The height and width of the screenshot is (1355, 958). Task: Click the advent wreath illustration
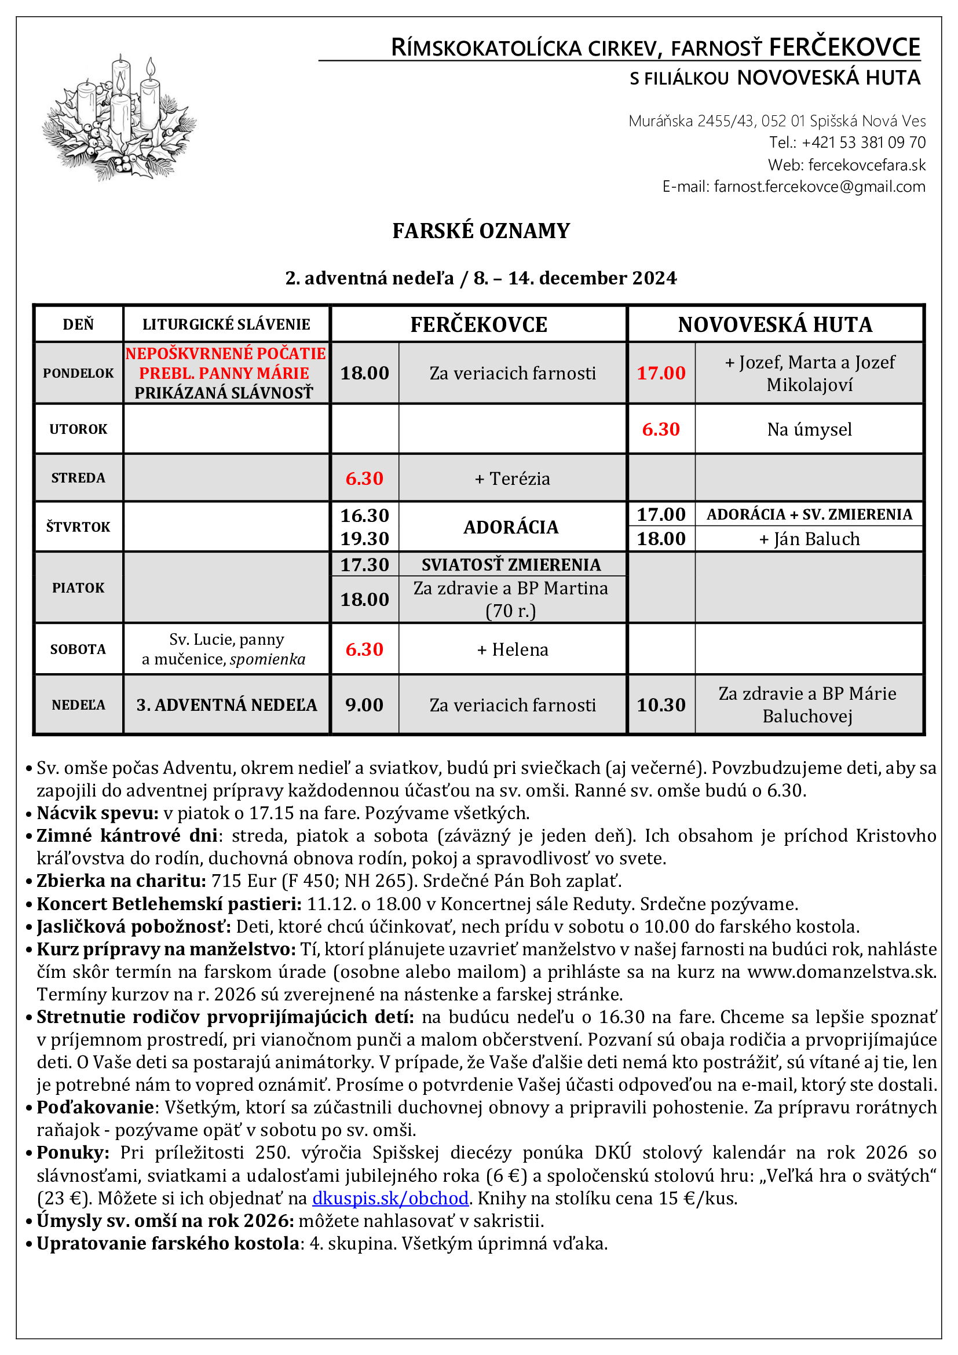coord(119,118)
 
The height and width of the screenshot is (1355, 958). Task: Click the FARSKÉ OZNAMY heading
coord(481,231)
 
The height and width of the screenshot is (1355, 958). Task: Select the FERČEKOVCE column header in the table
coord(478,324)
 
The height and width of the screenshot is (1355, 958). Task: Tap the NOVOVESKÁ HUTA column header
coord(774,324)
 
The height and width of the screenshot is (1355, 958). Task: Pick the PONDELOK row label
coord(78,373)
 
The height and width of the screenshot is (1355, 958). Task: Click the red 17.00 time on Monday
coord(661,373)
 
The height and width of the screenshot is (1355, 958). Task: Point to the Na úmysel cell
coord(809,429)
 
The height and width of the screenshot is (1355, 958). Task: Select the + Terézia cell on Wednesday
coord(512,478)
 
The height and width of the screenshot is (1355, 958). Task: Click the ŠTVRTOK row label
coord(78,527)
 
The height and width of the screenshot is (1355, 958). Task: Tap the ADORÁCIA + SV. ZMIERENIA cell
coord(809,514)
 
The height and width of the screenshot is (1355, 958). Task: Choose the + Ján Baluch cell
coord(809,539)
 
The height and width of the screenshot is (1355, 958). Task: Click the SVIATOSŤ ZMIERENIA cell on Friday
coord(511,564)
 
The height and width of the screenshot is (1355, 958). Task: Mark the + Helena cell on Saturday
coord(512,649)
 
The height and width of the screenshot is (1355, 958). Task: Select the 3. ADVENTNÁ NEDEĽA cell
coord(226,704)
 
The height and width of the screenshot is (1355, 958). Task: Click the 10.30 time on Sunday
coord(661,704)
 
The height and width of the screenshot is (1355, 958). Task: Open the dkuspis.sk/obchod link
coord(390,1198)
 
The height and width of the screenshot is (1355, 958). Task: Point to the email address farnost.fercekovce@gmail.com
coord(819,187)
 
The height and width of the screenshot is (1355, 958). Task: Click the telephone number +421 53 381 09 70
coord(863,143)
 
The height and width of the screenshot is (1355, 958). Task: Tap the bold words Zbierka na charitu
coord(121,881)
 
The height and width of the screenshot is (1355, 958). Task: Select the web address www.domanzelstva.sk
coord(841,971)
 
